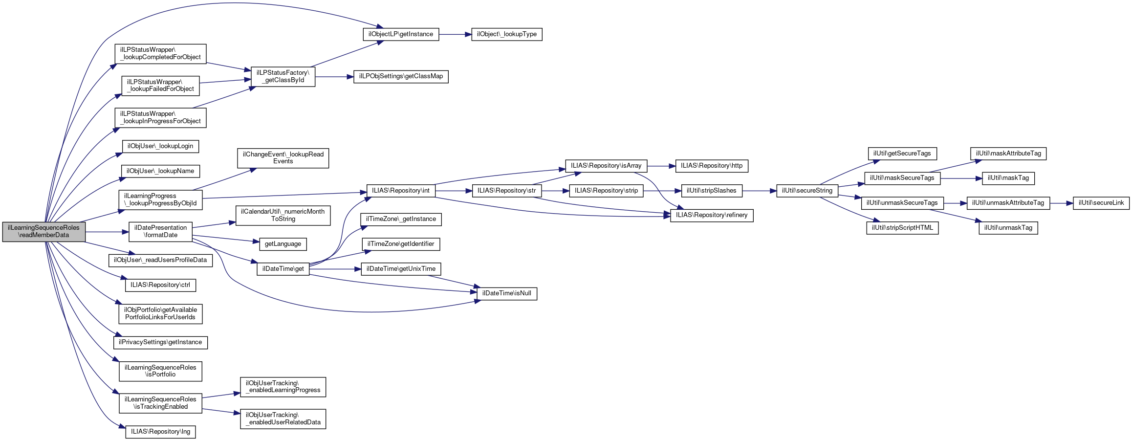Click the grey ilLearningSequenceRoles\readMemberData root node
44,231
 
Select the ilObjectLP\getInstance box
401,34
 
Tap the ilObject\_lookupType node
506,34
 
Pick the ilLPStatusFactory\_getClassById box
283,76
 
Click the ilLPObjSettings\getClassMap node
401,76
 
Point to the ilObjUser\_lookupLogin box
160,146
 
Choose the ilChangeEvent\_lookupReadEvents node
283,158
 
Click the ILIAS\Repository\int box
400,191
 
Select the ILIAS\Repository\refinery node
711,215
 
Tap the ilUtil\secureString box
807,191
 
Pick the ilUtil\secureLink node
1101,203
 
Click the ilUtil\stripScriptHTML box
902,228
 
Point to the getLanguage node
283,244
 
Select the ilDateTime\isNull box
506,293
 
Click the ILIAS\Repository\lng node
160,432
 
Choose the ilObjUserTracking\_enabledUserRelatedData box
283,419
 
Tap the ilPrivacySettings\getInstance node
160,342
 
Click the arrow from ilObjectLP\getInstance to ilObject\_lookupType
455,34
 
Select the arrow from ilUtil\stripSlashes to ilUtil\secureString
759,191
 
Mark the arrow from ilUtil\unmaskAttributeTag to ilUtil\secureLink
1061,203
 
